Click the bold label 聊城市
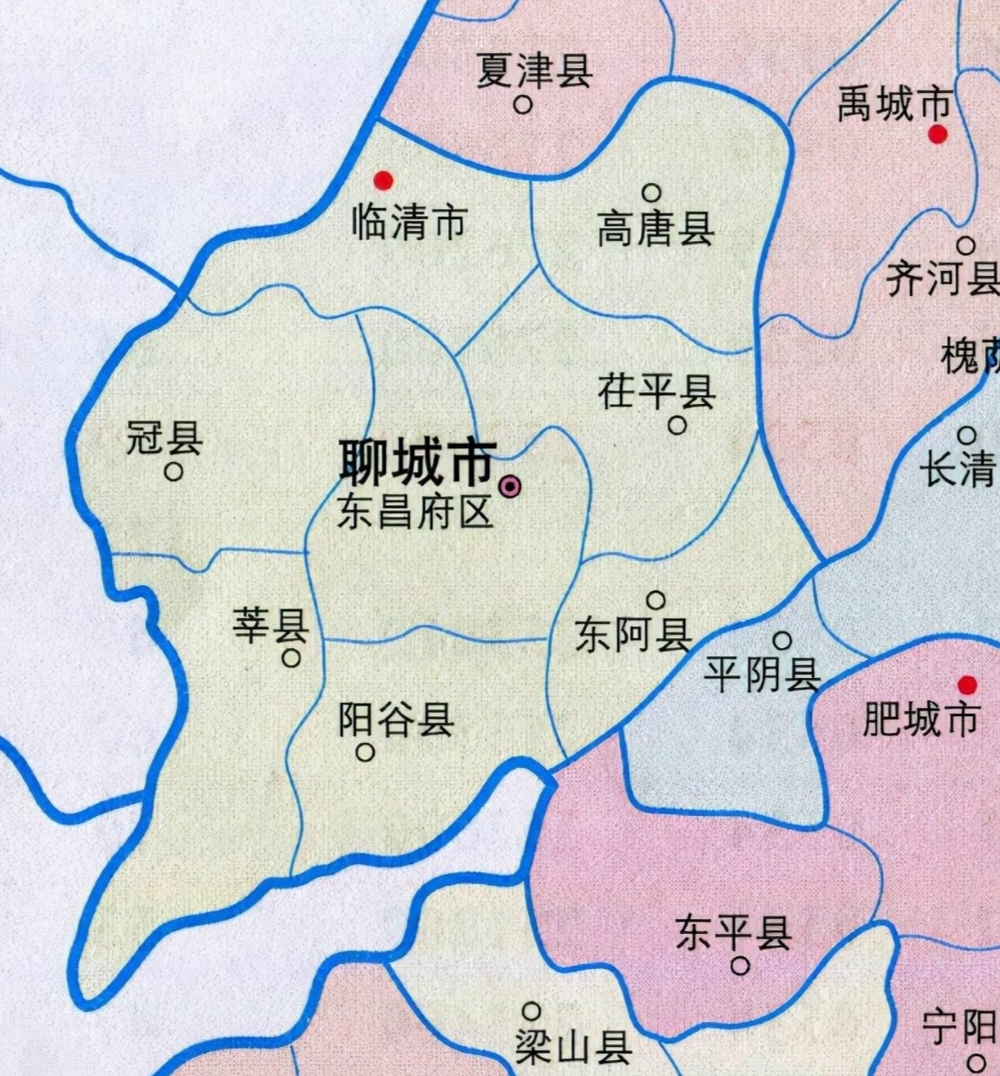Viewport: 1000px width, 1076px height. tap(418, 463)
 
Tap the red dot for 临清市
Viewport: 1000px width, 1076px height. tap(383, 180)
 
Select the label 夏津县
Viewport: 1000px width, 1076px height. tap(534, 70)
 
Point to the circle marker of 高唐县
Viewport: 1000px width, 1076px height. tap(652, 194)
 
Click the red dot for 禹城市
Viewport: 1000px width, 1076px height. tap(938, 134)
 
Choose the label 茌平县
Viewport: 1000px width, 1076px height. tap(656, 392)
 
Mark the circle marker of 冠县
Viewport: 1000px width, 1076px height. tap(174, 472)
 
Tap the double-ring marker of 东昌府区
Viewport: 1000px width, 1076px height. tap(510, 487)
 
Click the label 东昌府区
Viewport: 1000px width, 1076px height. tap(415, 513)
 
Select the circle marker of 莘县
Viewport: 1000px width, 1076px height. tap(291, 658)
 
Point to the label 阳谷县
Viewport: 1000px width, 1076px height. tap(396, 720)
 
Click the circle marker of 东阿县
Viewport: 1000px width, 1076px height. tap(656, 600)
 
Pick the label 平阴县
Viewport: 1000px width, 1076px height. tap(761, 675)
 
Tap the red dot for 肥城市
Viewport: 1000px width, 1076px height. tap(967, 685)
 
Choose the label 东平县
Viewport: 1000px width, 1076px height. tap(733, 932)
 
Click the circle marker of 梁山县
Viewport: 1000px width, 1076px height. tap(531, 1011)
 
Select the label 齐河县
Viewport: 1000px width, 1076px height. tap(942, 278)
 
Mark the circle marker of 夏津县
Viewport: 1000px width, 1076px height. tap(523, 106)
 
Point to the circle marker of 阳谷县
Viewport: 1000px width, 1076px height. tap(365, 753)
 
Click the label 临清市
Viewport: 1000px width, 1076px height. tap(409, 224)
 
